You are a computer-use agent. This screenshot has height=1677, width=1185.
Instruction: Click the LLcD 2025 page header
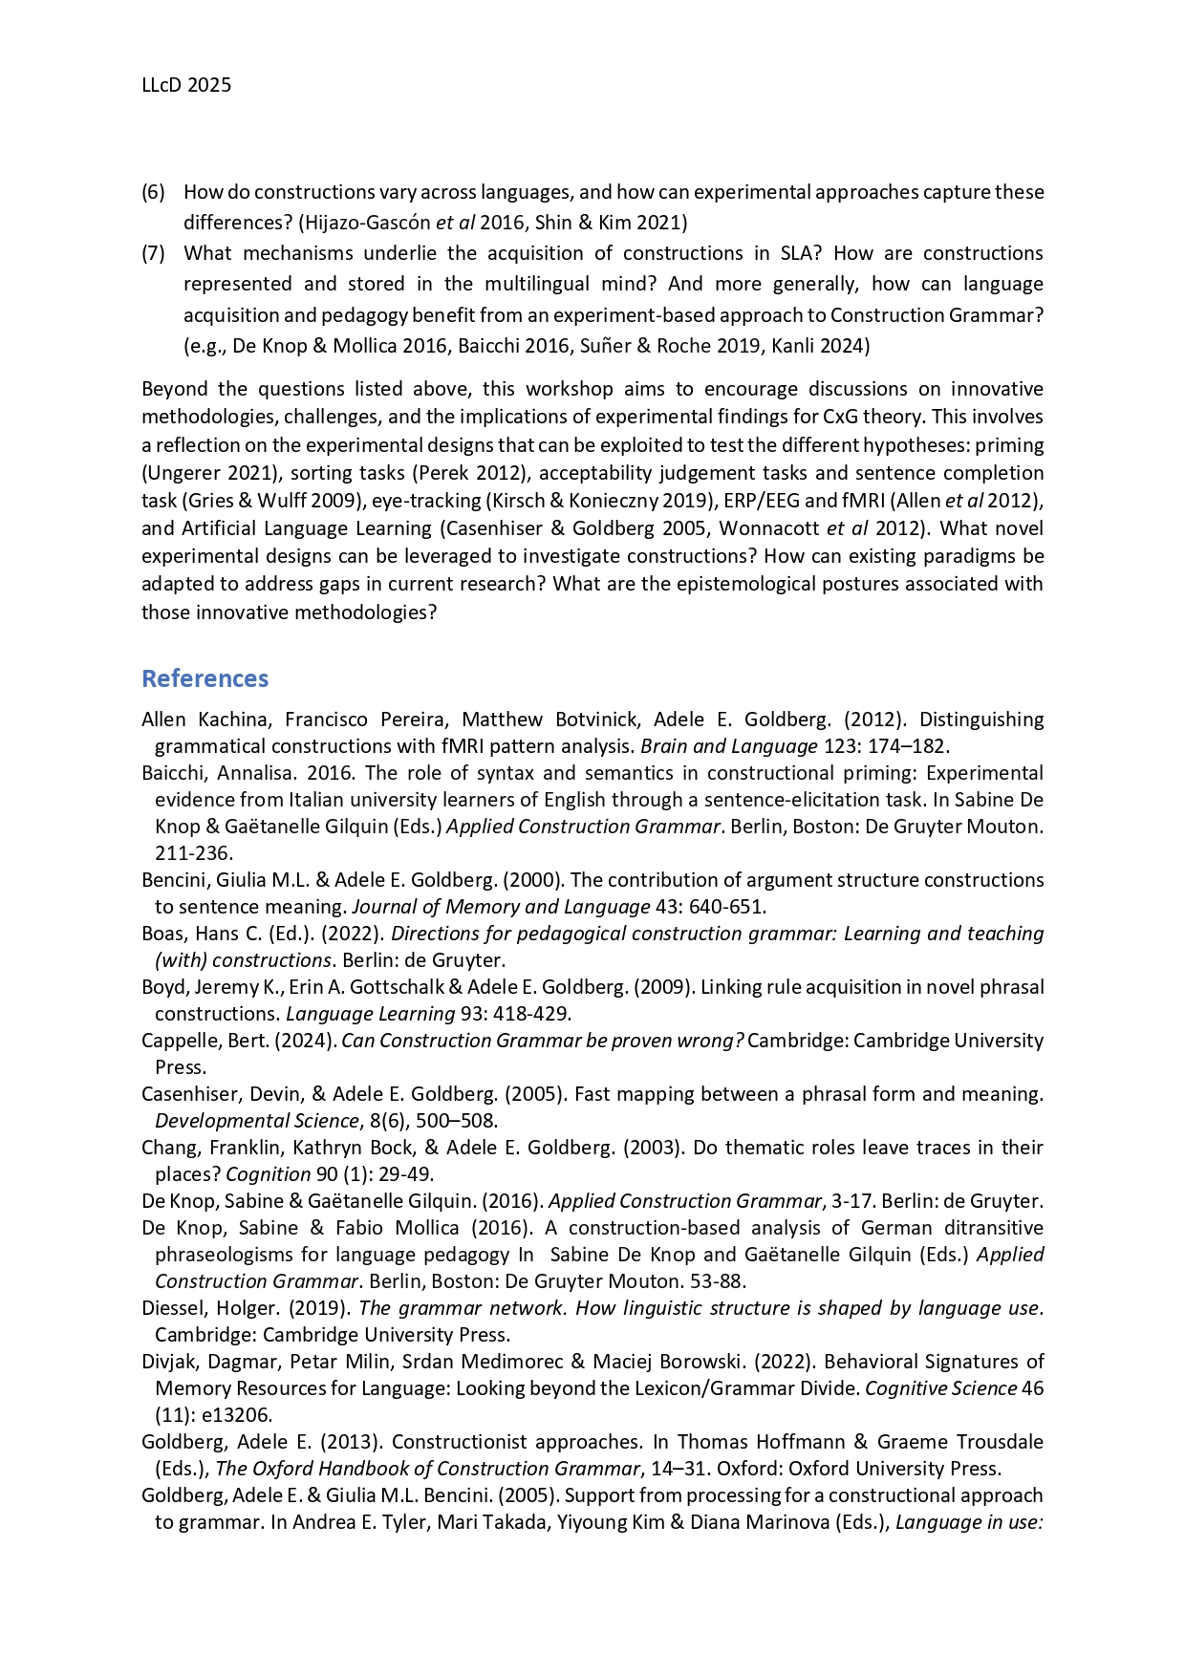pyautogui.click(x=186, y=85)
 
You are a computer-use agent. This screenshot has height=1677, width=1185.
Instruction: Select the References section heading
pyautogui.click(x=205, y=678)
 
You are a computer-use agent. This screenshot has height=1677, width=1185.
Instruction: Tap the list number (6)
pyautogui.click(x=153, y=192)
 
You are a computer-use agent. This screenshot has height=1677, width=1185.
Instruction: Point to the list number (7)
pyautogui.click(x=153, y=253)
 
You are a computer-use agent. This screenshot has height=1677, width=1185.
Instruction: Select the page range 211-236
pyautogui.click(x=193, y=853)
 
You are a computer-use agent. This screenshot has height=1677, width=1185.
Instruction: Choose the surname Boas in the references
pyautogui.click(x=163, y=934)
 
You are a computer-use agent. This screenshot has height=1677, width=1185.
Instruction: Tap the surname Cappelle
pyautogui.click(x=178, y=1041)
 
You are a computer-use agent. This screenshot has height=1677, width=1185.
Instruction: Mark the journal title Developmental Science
pyautogui.click(x=256, y=1121)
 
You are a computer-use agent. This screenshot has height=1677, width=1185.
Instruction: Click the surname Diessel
pyautogui.click(x=171, y=1308)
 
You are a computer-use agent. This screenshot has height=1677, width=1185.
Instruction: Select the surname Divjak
pyautogui.click(x=169, y=1362)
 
